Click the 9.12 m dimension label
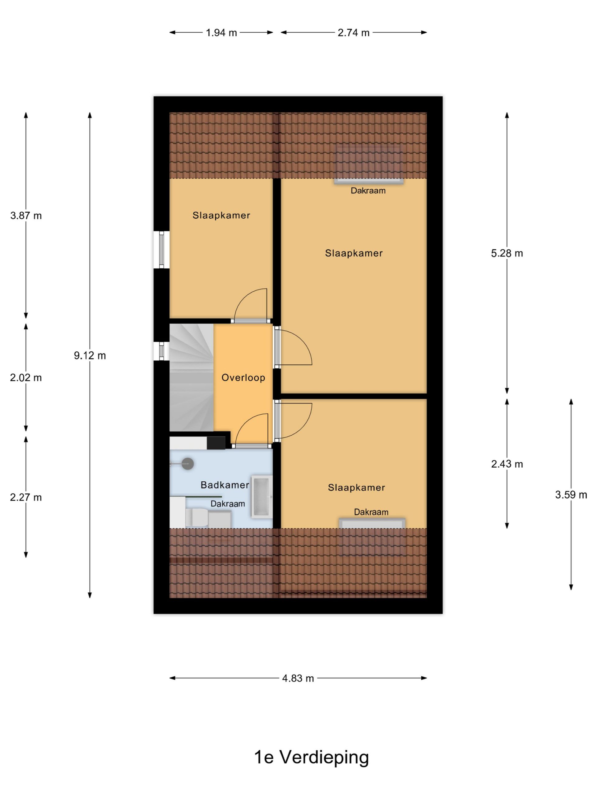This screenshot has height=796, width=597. [90, 355]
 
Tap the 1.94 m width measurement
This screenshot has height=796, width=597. [221, 33]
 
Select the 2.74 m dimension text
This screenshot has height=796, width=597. [353, 33]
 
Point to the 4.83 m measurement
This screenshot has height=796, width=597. [298, 678]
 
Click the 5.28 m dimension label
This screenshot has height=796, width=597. [507, 253]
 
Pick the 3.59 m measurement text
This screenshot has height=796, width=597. [571, 495]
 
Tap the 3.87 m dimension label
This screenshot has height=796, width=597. [26, 215]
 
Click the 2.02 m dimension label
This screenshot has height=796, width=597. [26, 377]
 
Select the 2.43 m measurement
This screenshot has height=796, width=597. [507, 464]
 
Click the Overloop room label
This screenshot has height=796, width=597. [243, 377]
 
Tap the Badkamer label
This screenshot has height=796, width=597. [225, 485]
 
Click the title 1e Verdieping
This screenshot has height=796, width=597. [312, 757]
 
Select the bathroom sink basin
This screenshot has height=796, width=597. [261, 497]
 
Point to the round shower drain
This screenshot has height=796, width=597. [187, 464]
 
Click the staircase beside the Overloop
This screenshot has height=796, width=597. [192, 377]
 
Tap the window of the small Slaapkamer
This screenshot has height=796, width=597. [162, 250]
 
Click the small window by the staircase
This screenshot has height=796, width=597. [162, 351]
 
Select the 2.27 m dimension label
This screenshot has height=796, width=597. [26, 497]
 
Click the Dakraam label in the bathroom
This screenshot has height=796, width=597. [228, 504]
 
